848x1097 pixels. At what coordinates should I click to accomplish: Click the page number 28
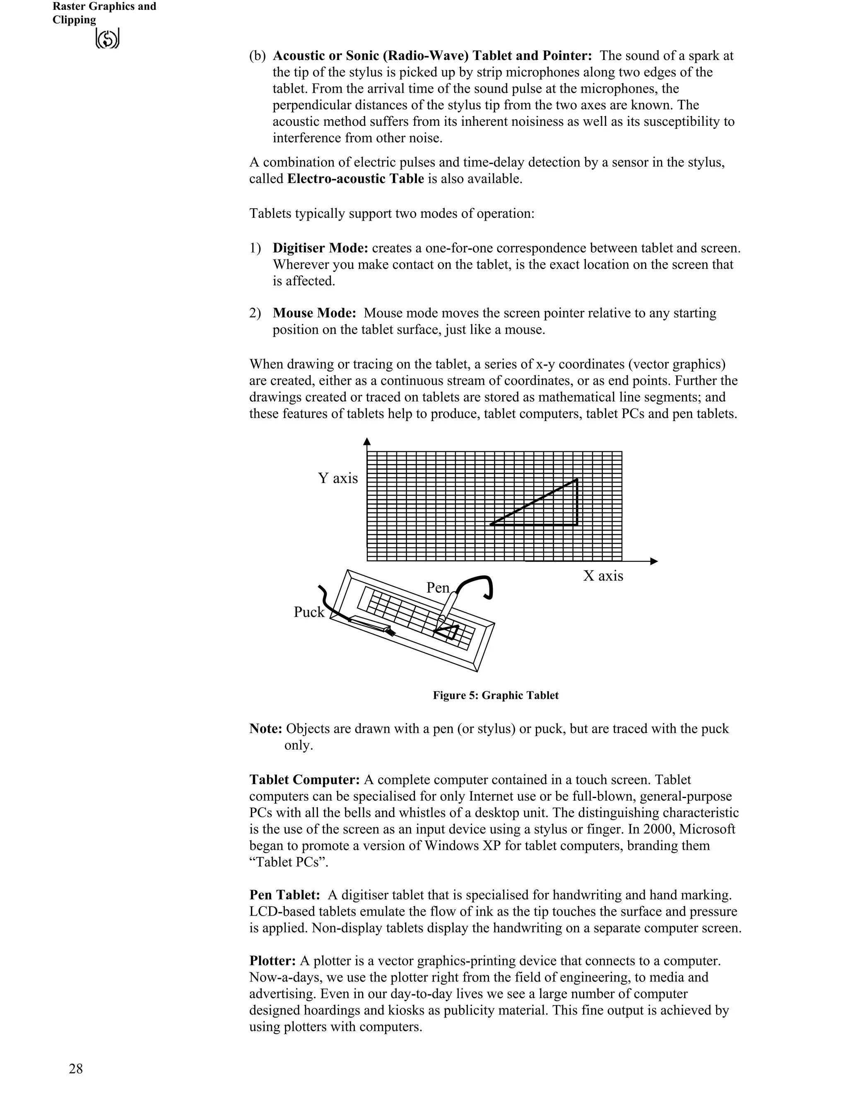(76, 1069)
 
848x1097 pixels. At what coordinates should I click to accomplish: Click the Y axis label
(337, 478)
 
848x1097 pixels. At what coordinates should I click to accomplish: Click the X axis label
(603, 576)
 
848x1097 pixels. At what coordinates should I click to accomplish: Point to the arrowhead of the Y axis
(367, 442)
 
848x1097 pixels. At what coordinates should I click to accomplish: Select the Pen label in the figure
(438, 588)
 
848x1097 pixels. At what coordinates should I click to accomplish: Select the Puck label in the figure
(309, 612)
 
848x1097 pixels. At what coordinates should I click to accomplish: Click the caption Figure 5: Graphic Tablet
(495, 695)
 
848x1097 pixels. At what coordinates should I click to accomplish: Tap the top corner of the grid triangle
(576, 480)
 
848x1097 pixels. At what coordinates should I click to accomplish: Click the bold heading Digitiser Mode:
(320, 248)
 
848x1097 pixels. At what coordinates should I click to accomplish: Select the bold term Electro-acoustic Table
(355, 179)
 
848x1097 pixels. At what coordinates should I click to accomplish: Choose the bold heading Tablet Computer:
(304, 779)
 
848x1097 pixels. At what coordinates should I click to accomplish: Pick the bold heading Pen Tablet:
(284, 895)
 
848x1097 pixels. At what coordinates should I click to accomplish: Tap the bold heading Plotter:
(272, 960)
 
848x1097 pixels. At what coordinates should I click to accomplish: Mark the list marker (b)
(257, 56)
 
